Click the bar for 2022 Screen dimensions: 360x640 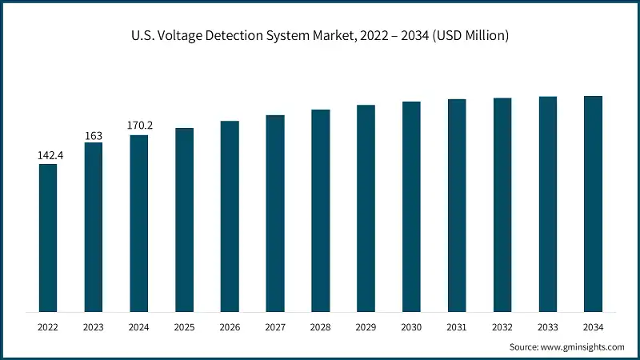48,238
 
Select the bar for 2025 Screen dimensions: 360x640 185,220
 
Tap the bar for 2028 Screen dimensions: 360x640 321,210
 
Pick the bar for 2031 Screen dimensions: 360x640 457,206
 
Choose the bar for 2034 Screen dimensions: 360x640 593,204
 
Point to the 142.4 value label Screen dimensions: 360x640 50,155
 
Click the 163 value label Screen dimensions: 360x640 94,134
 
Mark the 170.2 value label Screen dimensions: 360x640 139,126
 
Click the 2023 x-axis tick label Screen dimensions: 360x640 94,327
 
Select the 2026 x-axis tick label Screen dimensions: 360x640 230,327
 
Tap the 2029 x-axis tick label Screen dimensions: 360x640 366,327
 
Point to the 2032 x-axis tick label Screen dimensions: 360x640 502,327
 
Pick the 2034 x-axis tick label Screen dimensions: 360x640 593,327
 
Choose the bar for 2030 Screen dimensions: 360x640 411,206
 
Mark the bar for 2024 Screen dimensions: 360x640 139,223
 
